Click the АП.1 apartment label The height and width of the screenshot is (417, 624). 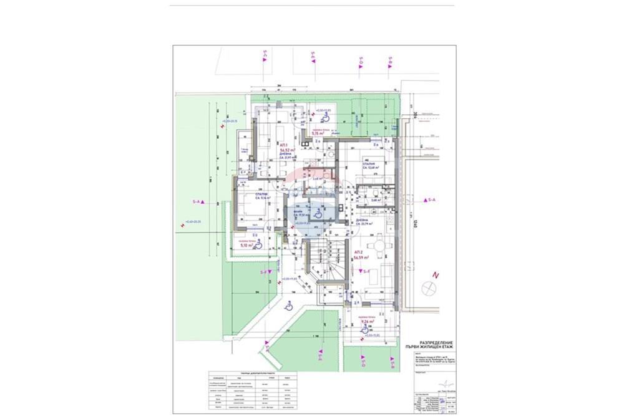[x=283, y=143]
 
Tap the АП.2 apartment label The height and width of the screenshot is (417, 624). [x=358, y=250]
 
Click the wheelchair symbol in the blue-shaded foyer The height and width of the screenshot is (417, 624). [x=318, y=213]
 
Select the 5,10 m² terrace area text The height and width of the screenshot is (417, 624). [x=246, y=246]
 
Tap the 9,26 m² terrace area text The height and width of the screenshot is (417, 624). [x=361, y=321]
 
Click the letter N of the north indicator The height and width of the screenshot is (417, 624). [x=437, y=275]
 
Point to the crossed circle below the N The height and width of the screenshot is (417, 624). [x=429, y=288]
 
